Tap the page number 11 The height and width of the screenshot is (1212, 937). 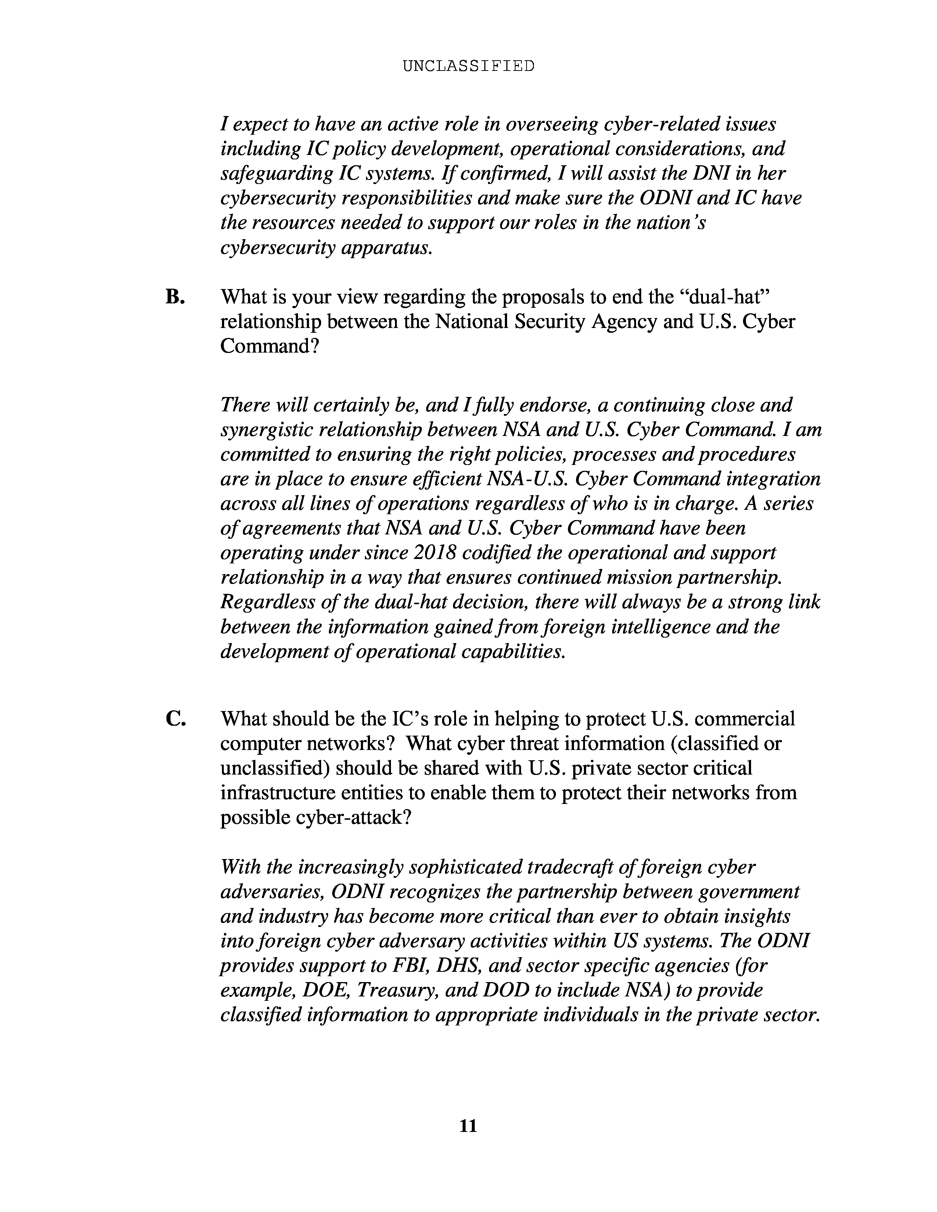[468, 1126]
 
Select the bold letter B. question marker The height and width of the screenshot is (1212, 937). [175, 297]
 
